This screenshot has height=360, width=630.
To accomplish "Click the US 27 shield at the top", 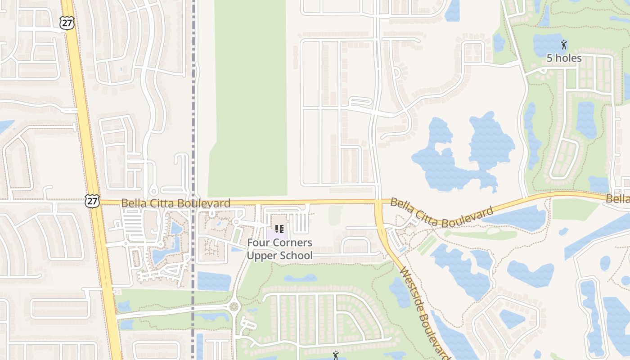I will click(67, 23).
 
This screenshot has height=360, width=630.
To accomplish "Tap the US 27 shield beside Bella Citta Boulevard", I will click(92, 201).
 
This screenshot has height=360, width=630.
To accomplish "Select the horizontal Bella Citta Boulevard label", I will click(175, 203).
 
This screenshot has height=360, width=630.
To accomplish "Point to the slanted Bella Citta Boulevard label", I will click(442, 213).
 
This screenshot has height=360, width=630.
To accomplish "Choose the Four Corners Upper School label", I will click(279, 249).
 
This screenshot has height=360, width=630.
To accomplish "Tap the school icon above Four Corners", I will click(279, 229).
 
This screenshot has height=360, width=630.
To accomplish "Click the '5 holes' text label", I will click(564, 58).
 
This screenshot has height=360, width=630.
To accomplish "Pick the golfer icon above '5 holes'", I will click(564, 44).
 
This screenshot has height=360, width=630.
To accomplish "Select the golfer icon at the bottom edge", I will click(335, 355).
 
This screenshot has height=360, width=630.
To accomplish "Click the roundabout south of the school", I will click(234, 307).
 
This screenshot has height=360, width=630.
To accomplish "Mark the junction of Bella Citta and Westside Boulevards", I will click(378, 202).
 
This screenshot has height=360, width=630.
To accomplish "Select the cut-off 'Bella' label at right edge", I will click(618, 199).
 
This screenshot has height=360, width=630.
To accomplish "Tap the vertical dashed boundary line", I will click(193, 112).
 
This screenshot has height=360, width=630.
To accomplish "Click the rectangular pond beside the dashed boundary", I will click(214, 281).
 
